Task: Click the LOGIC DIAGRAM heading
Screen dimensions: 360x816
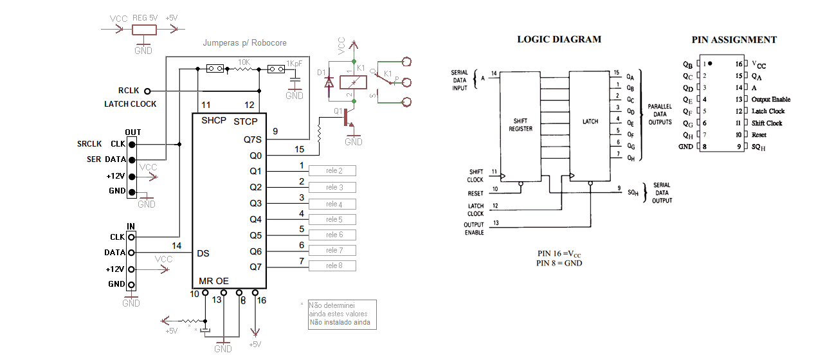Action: point(559,39)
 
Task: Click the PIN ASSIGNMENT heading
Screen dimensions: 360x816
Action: point(734,40)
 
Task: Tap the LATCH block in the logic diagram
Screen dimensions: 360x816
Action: point(589,121)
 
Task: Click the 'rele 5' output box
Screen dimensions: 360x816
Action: point(332,219)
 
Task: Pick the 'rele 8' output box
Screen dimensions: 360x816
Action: point(332,266)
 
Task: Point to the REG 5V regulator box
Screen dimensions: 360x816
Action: point(145,30)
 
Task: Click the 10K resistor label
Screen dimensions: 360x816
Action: point(244,62)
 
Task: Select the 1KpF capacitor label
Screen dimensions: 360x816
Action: point(295,64)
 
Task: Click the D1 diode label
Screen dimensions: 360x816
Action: point(321,73)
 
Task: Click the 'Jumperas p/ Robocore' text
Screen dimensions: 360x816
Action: point(244,43)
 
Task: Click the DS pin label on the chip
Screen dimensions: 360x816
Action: point(203,253)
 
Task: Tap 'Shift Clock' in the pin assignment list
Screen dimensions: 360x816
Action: point(767,123)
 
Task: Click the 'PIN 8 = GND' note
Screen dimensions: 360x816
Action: point(559,263)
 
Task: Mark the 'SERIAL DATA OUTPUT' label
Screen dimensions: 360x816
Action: point(662,192)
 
